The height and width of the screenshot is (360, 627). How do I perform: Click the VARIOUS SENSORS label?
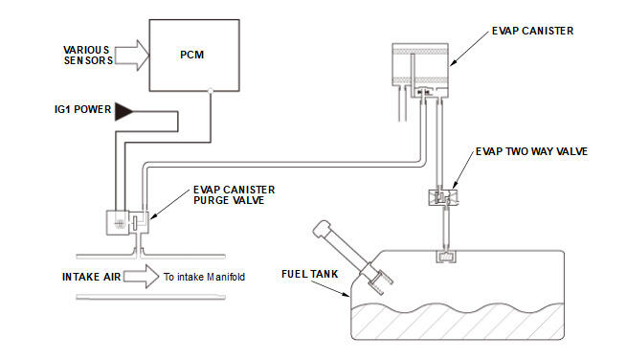[88, 56]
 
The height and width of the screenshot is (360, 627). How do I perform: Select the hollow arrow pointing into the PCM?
[132, 56]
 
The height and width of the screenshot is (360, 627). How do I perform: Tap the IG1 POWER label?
[82, 109]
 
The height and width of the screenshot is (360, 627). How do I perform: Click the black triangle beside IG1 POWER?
[123, 112]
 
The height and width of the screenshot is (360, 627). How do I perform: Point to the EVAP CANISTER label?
[532, 31]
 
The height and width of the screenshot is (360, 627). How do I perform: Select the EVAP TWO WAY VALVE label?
[531, 151]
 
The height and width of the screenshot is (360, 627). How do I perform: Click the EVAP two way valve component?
[443, 197]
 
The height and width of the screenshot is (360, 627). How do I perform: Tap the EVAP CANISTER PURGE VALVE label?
[234, 194]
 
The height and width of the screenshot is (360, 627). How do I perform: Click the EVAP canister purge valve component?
[127, 222]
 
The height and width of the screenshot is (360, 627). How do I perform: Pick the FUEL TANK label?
[309, 274]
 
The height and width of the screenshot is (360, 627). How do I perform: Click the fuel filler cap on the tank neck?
[321, 229]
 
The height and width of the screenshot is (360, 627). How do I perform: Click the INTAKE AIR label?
[91, 277]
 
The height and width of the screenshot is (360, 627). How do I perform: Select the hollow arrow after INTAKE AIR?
[141, 277]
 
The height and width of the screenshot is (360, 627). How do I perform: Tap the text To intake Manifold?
[204, 277]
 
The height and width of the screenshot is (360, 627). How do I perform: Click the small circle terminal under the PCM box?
[211, 91]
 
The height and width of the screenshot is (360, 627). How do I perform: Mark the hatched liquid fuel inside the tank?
[458, 321]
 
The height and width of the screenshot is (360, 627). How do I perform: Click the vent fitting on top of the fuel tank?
[446, 257]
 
